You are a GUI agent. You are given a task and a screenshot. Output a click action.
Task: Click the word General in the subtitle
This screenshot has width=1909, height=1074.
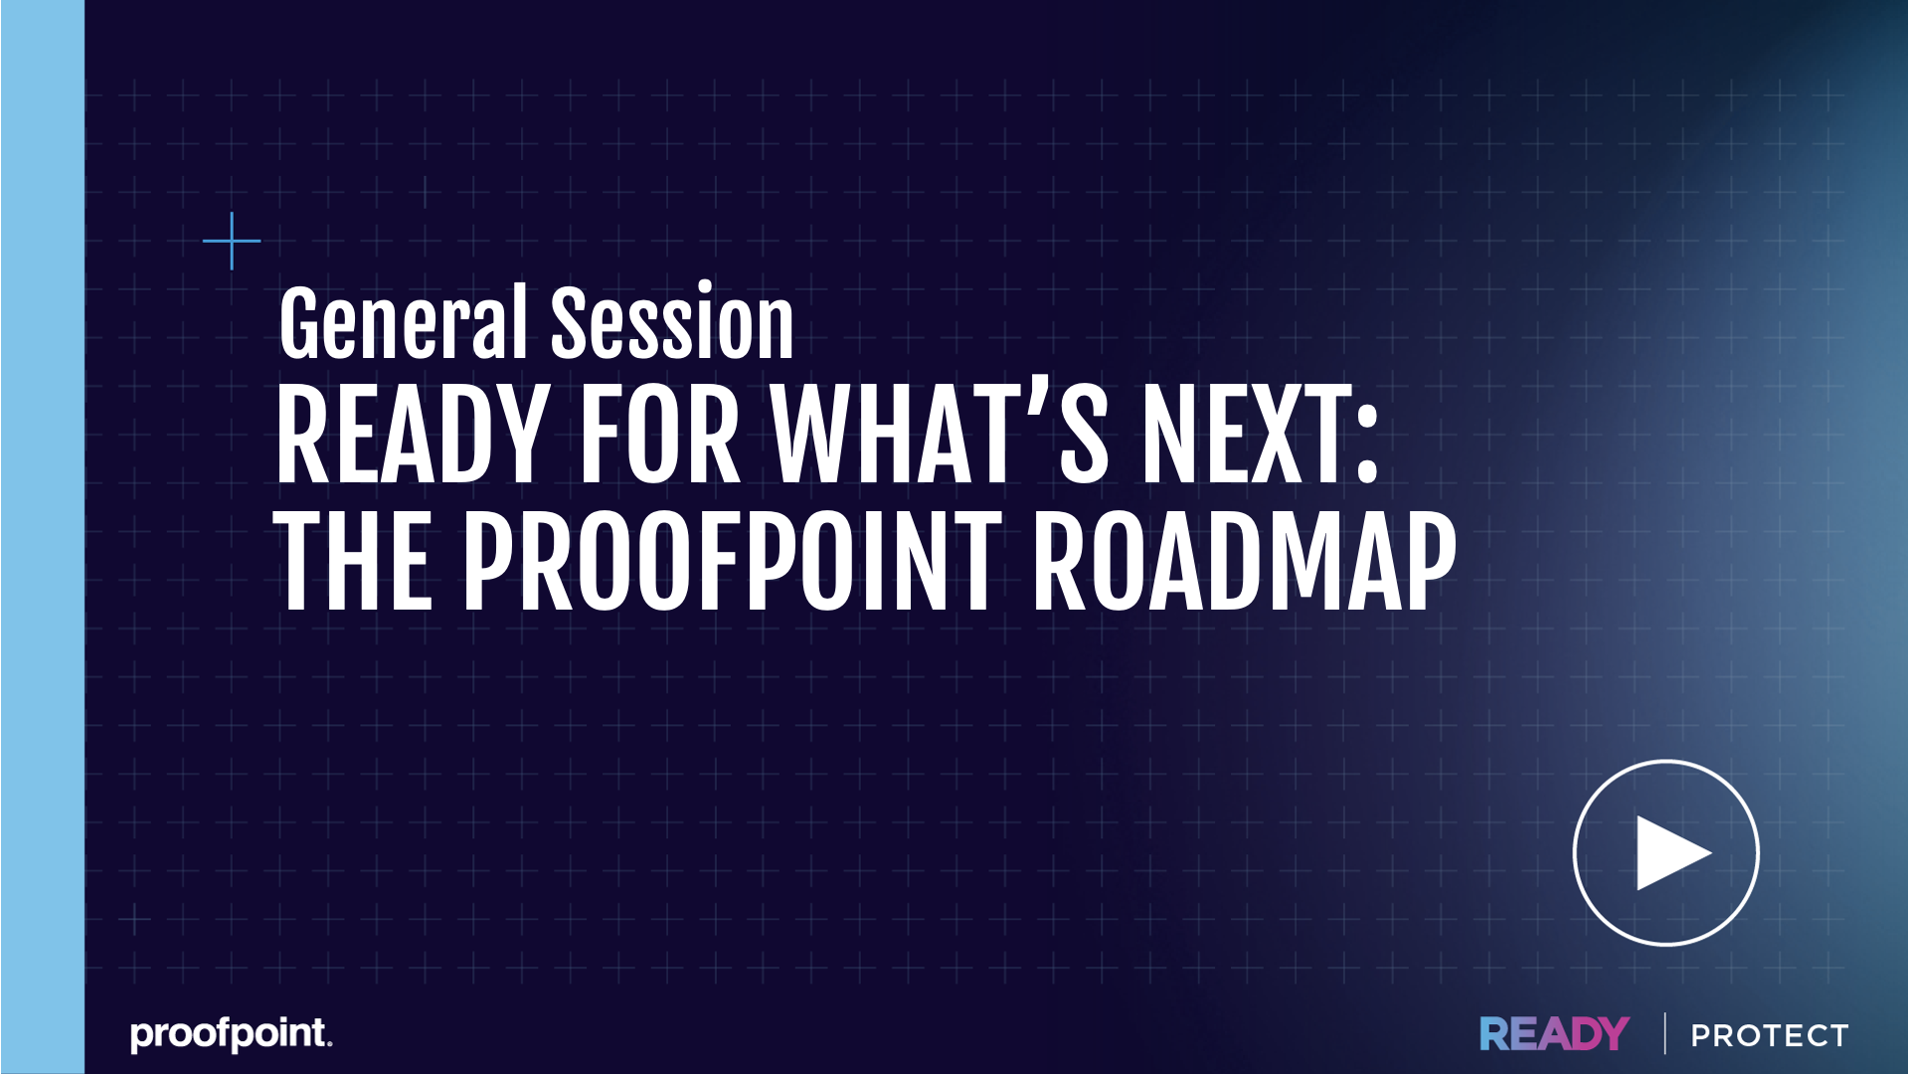pyautogui.click(x=403, y=322)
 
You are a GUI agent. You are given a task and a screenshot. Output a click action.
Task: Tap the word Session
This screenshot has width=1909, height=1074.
pyautogui.click(x=672, y=322)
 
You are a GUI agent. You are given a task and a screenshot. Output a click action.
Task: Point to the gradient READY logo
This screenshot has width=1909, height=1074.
pyautogui.click(x=1554, y=1034)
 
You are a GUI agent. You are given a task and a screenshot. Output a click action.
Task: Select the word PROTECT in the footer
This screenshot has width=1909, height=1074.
pyautogui.click(x=1770, y=1035)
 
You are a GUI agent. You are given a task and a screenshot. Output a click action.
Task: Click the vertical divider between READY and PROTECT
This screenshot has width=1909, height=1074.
pyautogui.click(x=1664, y=1033)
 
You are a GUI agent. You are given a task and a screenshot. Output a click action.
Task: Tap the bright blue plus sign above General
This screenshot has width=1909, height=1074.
pyautogui.click(x=232, y=241)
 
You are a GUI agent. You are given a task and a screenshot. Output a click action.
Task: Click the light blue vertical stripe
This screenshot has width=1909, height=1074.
pyautogui.click(x=43, y=537)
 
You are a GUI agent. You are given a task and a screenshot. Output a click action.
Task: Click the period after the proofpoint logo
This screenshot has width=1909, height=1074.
pyautogui.click(x=329, y=1044)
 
